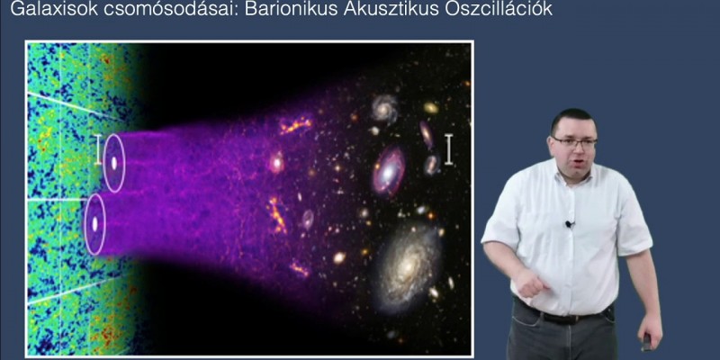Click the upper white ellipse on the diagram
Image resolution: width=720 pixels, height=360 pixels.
click(113, 163)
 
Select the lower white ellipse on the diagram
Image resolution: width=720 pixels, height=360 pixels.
click(94, 222)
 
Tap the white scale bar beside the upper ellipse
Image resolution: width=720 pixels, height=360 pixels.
click(98, 150)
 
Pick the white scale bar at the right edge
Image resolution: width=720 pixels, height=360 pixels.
click(448, 149)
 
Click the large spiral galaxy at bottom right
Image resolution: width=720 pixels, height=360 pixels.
click(409, 265)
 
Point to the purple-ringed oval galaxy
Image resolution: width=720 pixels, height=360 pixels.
click(389, 171)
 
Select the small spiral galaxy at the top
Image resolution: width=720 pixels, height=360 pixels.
click(384, 109)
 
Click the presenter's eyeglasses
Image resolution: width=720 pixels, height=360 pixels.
click(574, 142)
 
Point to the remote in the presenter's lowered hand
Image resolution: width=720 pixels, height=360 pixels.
click(645, 341)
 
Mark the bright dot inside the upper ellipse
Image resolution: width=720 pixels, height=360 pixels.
click(113, 163)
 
